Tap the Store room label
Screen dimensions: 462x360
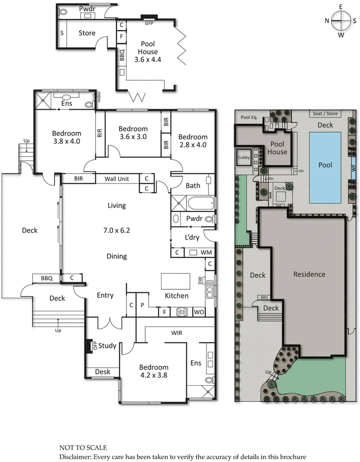[87, 33]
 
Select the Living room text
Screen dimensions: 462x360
[117, 206]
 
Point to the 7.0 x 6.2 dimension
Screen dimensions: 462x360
[117, 230]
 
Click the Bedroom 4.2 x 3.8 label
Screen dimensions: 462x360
[153, 371]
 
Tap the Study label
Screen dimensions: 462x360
[107, 346]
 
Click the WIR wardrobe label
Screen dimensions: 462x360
[177, 333]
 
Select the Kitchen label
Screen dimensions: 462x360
[177, 296]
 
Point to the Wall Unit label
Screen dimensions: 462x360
[118, 179]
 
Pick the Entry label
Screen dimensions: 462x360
[105, 296]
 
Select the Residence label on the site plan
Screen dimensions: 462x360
[310, 274]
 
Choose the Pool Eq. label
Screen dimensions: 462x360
[249, 117]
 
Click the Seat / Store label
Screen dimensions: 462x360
[325, 114]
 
